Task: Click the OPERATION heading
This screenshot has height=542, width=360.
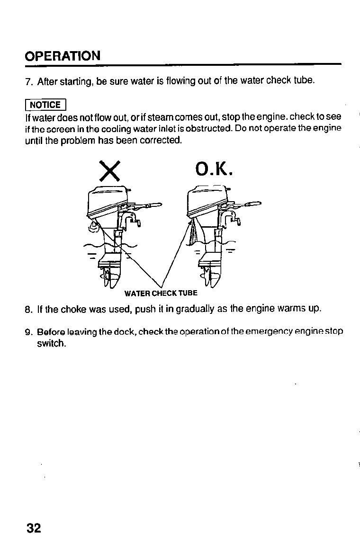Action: click(63, 56)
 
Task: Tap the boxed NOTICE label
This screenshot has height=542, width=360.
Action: click(45, 105)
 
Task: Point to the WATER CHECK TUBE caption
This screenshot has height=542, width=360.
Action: click(161, 293)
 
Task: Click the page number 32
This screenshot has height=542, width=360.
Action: click(34, 528)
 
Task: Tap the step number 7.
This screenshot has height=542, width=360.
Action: click(28, 81)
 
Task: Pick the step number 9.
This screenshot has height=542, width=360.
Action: click(28, 331)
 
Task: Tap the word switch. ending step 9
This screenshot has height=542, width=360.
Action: click(51, 344)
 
